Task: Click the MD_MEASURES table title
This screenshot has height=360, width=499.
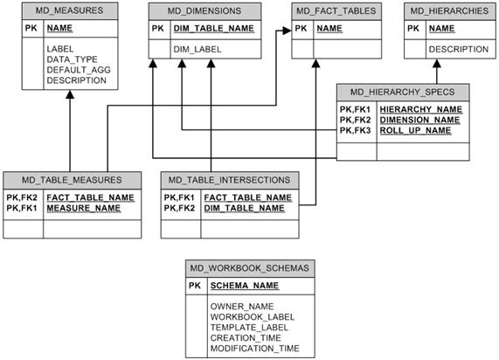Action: point(69,10)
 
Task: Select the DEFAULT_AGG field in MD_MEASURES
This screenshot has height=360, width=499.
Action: point(79,70)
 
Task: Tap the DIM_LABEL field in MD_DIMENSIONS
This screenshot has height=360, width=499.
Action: point(198,49)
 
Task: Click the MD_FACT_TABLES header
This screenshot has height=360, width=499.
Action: point(336,10)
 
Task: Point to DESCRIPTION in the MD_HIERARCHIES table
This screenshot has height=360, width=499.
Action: point(459,49)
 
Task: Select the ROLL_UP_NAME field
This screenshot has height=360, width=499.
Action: point(415,130)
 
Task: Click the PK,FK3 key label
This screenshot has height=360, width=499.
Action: point(355,130)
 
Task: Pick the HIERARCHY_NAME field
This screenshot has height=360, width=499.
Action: point(420,109)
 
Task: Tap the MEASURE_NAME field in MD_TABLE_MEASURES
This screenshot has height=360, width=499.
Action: point(83,208)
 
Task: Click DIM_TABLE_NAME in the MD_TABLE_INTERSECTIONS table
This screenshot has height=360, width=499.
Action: point(244,208)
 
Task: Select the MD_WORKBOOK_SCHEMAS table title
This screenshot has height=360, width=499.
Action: point(250,268)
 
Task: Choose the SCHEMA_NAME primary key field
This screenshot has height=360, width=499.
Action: point(245,286)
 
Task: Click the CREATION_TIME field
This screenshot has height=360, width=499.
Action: point(246,338)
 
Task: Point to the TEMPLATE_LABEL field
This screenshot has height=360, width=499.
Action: point(249,327)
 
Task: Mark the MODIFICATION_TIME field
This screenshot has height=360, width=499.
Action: point(254,349)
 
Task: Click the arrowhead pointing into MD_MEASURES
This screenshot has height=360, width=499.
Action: point(70,94)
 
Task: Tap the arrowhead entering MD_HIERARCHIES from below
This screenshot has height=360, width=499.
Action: point(437,63)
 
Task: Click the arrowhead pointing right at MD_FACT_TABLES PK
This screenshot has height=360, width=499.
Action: point(287,31)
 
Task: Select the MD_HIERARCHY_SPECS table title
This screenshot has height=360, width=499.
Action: point(402,93)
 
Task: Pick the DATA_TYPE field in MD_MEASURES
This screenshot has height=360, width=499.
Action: point(72,59)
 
